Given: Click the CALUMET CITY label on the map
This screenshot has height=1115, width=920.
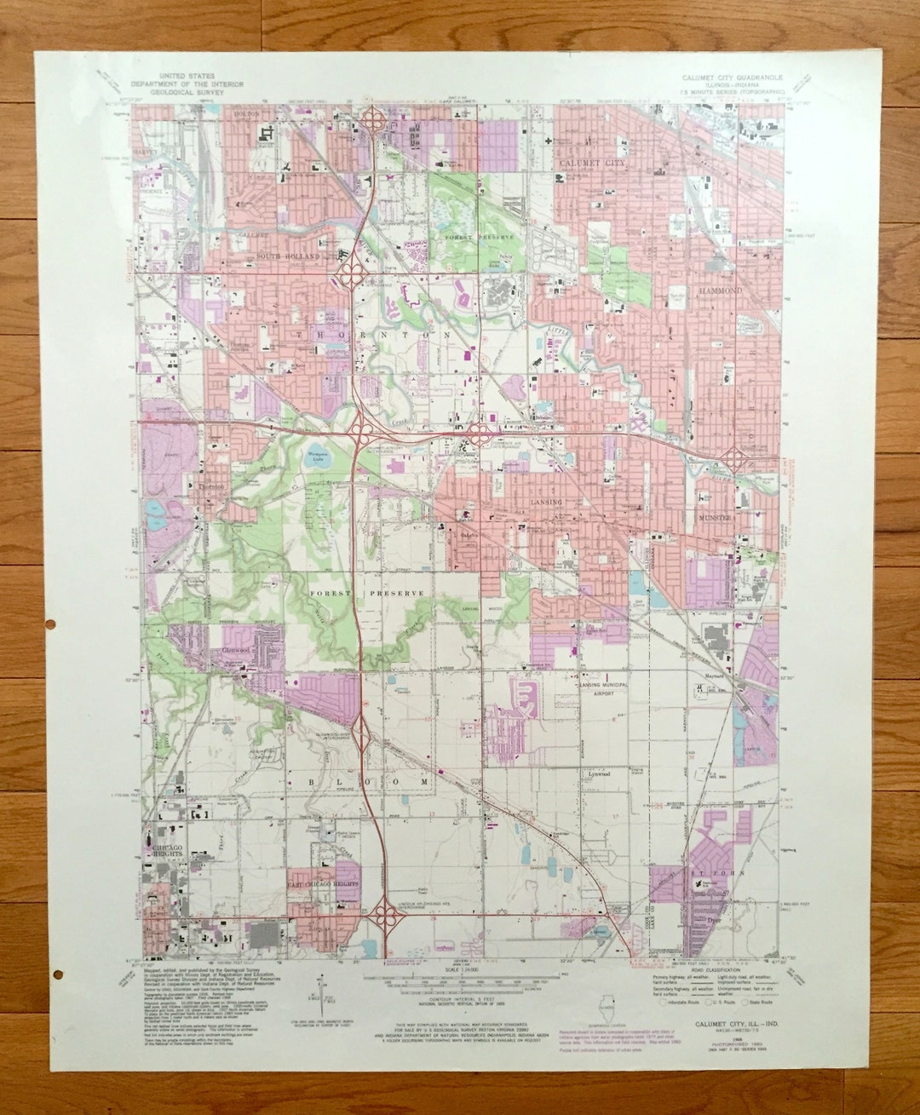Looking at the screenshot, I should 591,162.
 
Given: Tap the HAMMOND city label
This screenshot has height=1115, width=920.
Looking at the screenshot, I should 722,290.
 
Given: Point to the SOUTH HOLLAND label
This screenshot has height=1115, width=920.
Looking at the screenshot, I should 288,256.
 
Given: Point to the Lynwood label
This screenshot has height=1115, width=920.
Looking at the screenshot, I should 596,774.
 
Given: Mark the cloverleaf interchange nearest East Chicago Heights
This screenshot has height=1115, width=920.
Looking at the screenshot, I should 388,920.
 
